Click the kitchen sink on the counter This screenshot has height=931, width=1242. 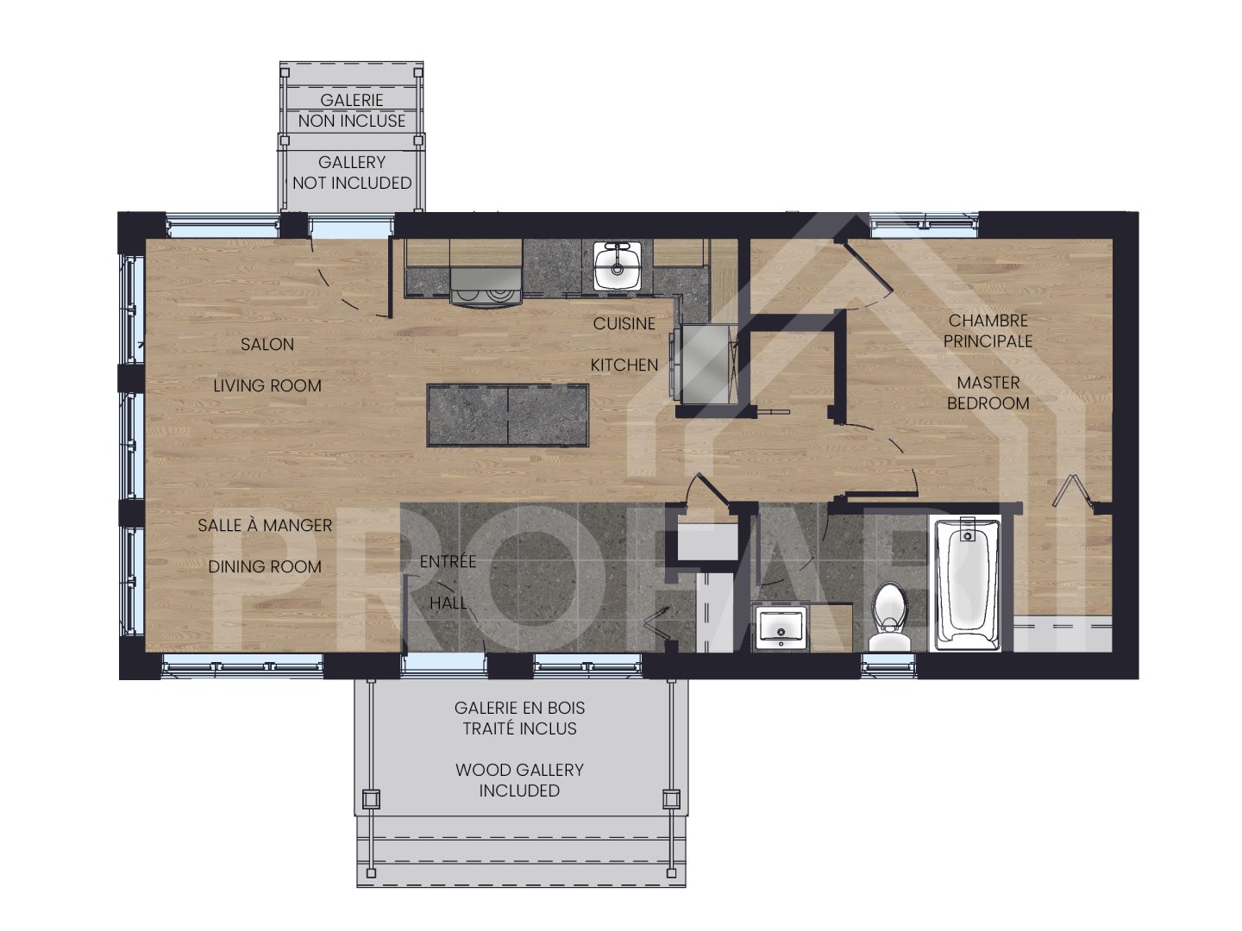617,266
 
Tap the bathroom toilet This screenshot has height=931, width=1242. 889,617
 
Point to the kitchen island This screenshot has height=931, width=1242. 508,416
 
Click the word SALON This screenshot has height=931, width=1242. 267,344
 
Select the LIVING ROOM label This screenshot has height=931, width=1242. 267,386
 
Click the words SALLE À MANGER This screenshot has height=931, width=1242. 265,525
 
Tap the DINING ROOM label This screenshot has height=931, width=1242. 265,566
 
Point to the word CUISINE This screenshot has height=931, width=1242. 624,324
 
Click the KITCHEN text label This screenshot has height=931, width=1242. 624,366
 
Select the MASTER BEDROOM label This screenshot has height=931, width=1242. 988,393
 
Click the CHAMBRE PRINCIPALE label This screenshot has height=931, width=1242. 988,331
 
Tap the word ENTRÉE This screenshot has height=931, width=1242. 448,562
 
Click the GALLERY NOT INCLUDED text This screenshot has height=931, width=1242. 352,172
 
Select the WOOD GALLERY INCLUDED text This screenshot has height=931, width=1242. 519,780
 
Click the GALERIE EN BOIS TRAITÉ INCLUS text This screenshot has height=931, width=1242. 519,718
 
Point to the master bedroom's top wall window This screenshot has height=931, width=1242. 924,224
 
